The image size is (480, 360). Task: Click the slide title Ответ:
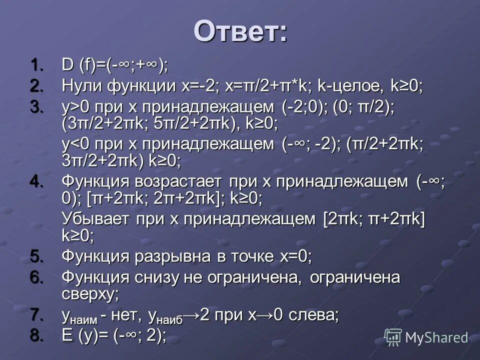coord(240,31)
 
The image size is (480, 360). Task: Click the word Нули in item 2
coord(81,86)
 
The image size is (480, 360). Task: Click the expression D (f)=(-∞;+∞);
coord(115,64)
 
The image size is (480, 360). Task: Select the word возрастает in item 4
coord(180,181)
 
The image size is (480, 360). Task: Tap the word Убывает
coord(90,219)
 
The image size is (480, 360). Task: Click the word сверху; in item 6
coord(90,293)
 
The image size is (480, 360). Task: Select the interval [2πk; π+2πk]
coord(374,219)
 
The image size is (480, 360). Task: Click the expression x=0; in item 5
coord(295,256)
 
